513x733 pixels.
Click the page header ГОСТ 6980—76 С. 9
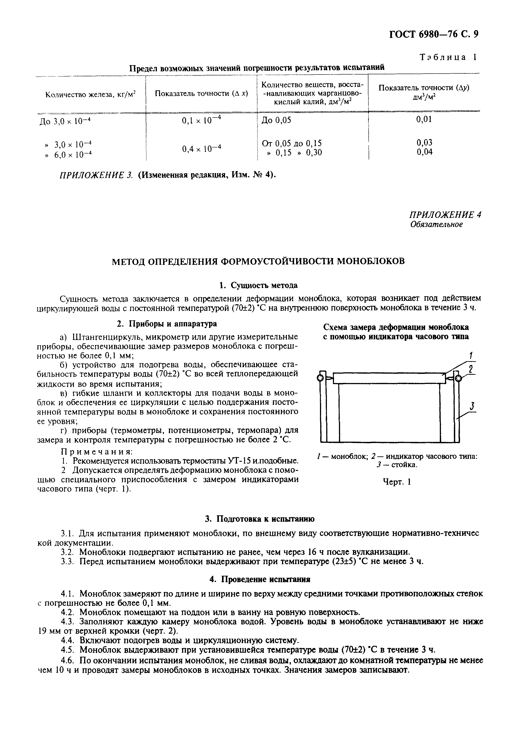tap(434, 34)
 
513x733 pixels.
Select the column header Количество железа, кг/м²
tap(90, 95)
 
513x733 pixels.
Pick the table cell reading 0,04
tap(424, 152)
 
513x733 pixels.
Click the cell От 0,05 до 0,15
tap(292, 143)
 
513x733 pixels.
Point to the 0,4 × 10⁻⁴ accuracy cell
tap(201, 148)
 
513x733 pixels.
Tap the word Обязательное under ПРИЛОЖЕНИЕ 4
tap(436, 224)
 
